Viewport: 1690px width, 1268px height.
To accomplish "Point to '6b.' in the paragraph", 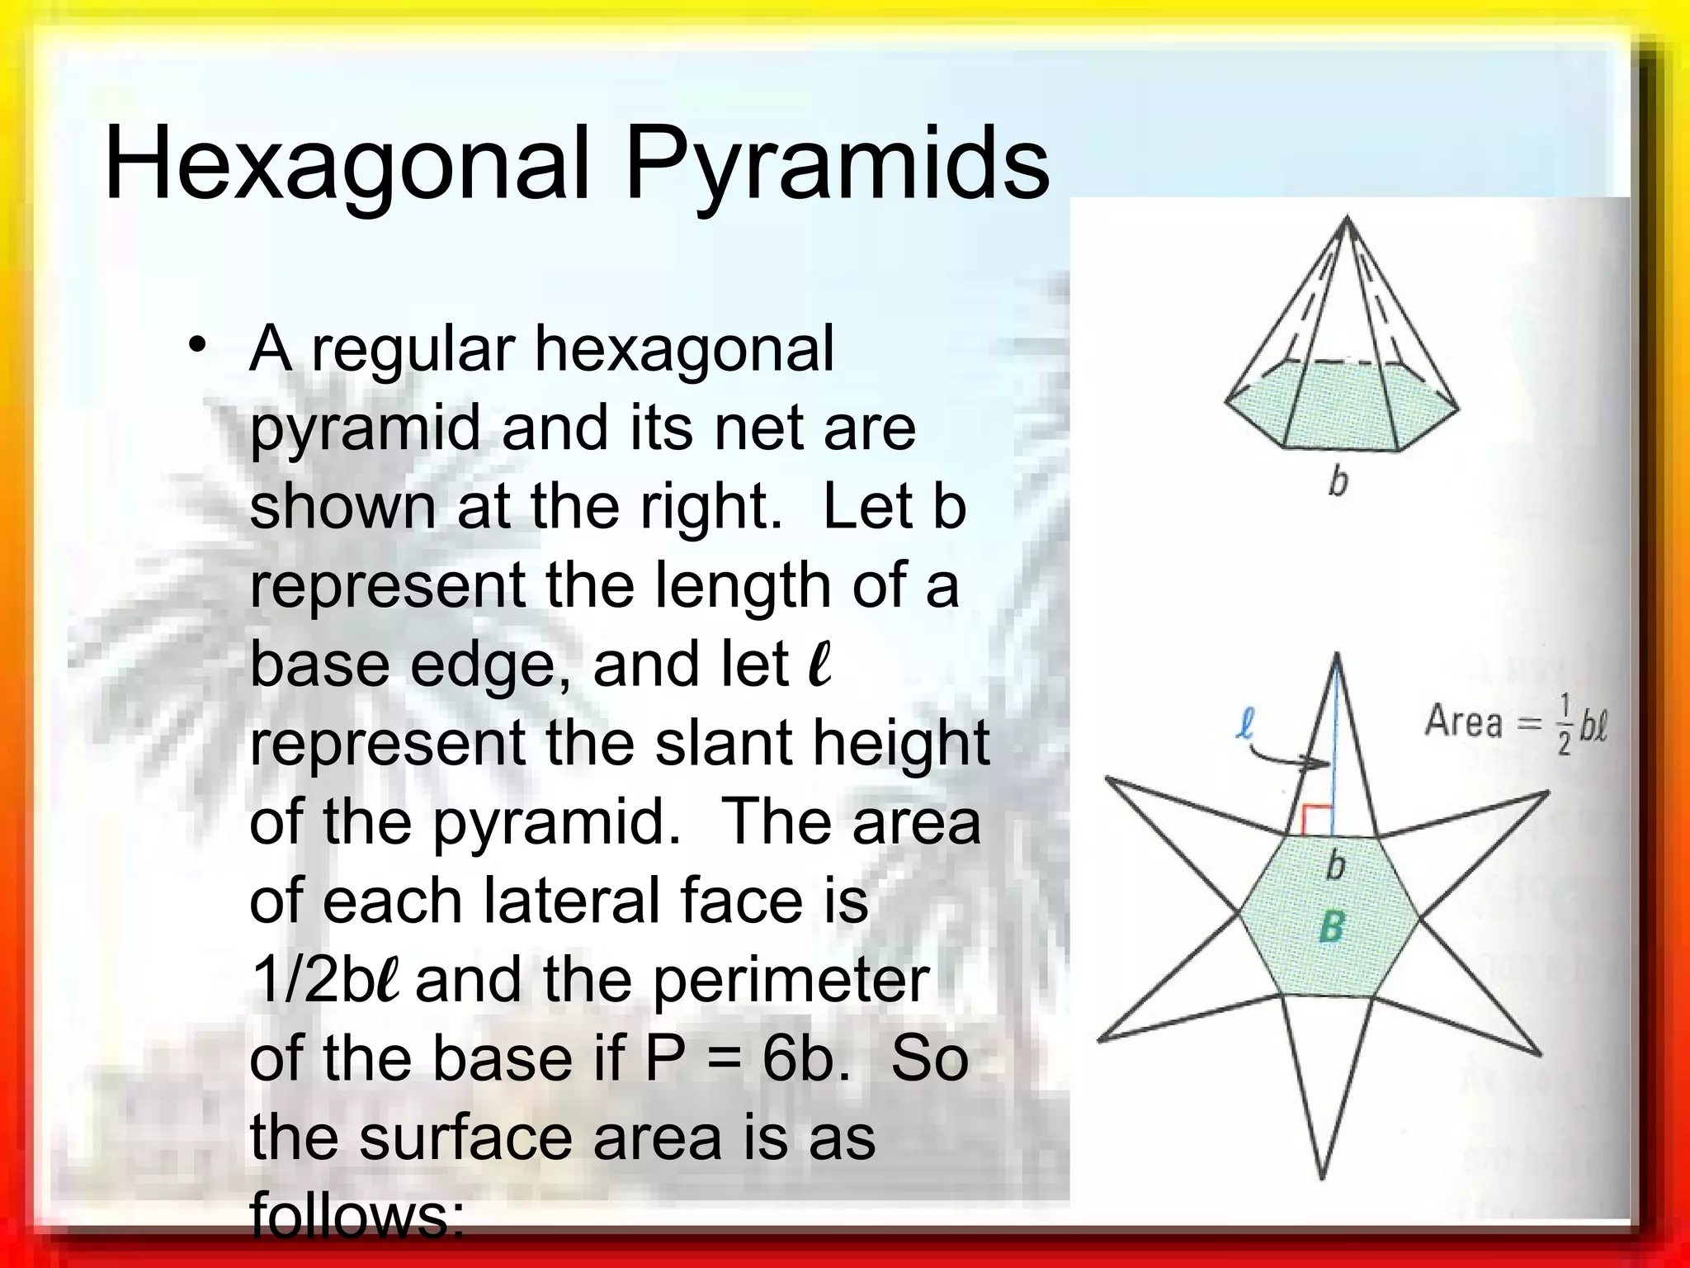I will coord(805,1058).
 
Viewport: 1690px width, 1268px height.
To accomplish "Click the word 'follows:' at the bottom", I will coord(356,1217).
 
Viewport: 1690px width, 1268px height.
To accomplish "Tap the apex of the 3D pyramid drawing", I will coord(1348,218).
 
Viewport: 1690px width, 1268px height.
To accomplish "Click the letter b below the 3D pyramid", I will coord(1338,480).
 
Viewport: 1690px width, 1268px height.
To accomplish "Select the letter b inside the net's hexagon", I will coord(1334,865).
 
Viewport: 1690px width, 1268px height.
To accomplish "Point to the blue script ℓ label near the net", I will coord(1245,724).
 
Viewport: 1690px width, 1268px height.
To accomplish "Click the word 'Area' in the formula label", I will coord(1463,722).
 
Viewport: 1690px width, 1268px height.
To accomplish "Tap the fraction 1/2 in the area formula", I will coord(1563,725).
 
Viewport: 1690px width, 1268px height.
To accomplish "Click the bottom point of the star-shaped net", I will coord(1322,1176).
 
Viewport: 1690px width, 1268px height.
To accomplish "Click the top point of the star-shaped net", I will coord(1337,656).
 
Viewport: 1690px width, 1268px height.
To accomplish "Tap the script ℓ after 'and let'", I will coord(819,665).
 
